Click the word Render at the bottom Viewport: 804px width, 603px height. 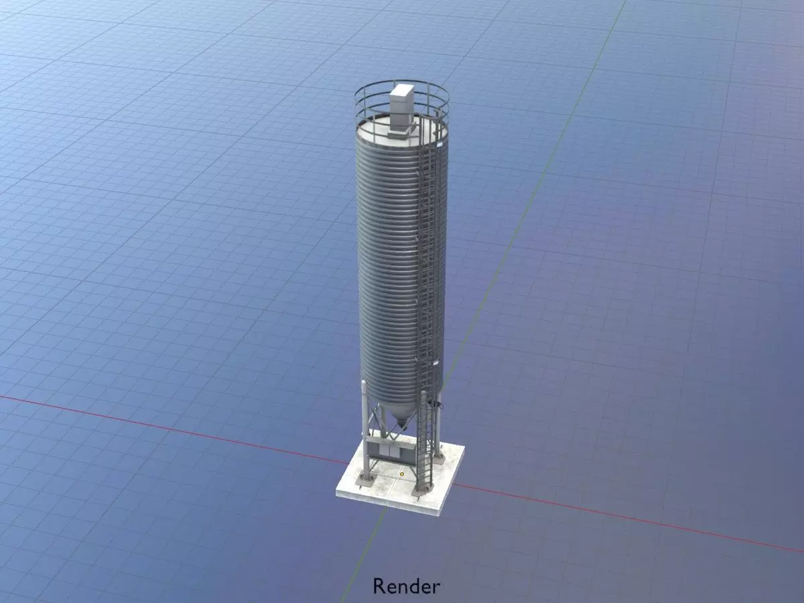(x=406, y=586)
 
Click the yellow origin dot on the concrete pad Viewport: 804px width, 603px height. (x=401, y=474)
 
